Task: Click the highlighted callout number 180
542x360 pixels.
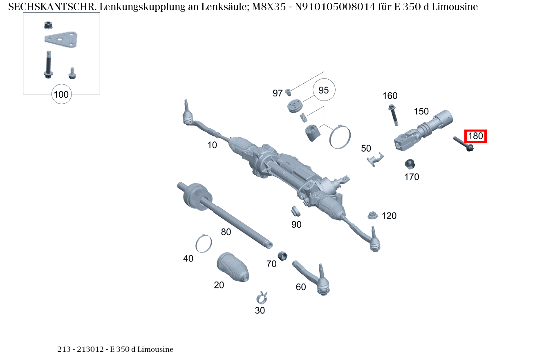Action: point(475,136)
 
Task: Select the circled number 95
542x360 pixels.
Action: point(324,90)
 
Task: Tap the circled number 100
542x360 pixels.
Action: point(61,95)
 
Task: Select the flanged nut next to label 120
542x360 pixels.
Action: point(372,215)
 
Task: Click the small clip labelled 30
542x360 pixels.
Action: point(261,296)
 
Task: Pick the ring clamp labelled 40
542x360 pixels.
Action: point(204,244)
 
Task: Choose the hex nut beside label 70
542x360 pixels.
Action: point(282,256)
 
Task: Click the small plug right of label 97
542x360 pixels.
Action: point(288,91)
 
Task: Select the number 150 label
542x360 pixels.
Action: point(421,111)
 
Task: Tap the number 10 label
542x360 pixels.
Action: point(212,145)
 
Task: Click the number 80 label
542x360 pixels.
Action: point(226,232)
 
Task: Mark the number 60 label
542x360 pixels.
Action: point(301,287)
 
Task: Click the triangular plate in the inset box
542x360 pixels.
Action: point(62,40)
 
